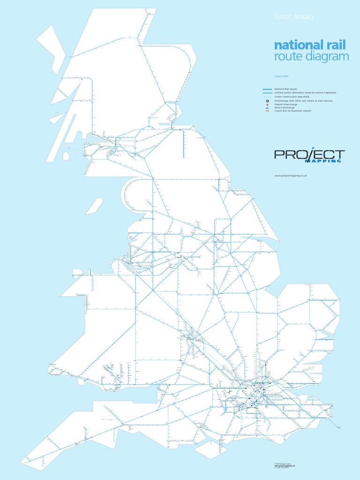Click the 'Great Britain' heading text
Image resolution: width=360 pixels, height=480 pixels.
pos(293,17)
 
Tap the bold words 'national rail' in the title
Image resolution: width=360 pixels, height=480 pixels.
pos(310,45)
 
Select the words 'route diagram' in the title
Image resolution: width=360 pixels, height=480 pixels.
pos(312,57)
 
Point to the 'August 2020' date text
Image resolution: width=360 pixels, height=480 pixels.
pos(281,76)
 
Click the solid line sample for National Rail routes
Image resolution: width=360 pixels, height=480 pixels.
pos(267,89)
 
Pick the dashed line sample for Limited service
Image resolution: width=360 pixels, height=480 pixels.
pos(267,93)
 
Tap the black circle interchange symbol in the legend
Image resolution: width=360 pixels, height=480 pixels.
pos(267,101)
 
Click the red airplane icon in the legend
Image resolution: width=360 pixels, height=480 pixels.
pos(267,105)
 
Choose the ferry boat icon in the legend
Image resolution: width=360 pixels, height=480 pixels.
pos(267,108)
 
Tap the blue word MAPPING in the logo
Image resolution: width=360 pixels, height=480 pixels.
pos(323,161)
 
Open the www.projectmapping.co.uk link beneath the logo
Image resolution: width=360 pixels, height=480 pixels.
pos(290,175)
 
